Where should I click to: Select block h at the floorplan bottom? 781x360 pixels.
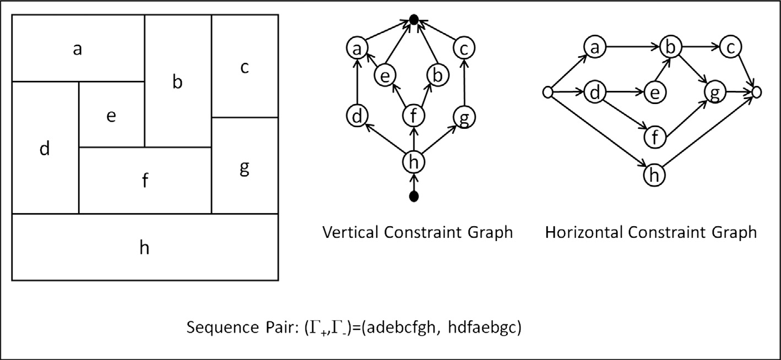144,247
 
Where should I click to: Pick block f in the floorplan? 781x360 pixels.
145,180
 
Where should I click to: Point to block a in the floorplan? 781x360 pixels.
78,48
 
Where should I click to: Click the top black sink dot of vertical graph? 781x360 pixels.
414,20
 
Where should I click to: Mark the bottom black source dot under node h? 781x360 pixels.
415,196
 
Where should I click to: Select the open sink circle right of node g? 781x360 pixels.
756,92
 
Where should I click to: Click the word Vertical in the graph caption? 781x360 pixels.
351,232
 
